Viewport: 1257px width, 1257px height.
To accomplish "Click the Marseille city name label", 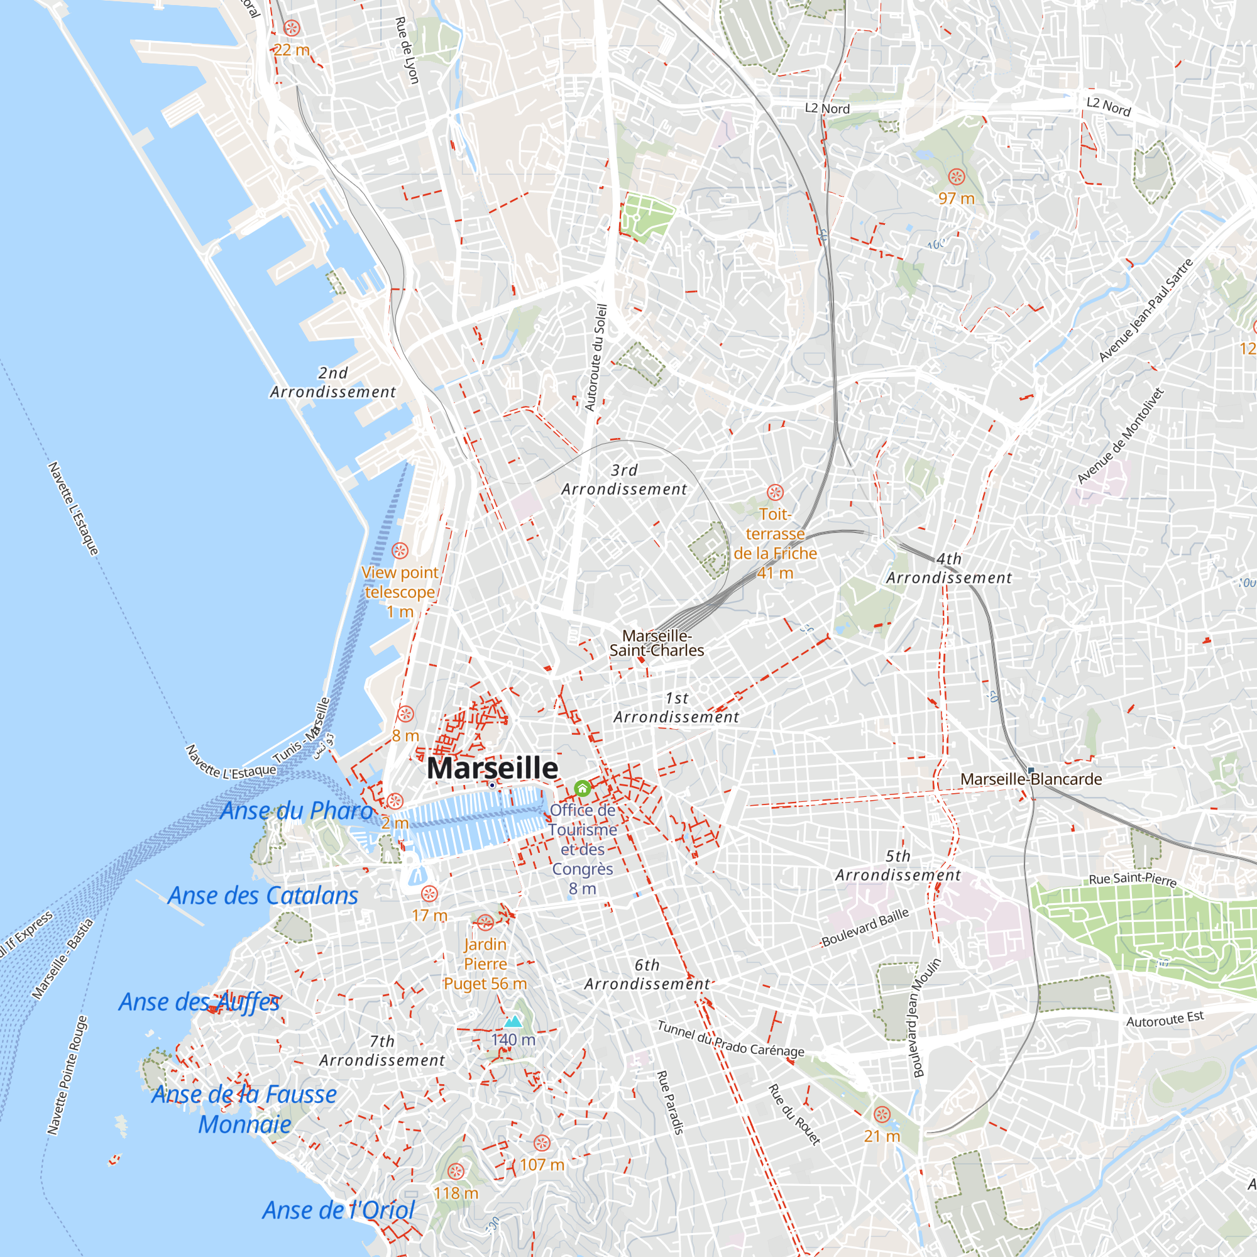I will coord(493,769).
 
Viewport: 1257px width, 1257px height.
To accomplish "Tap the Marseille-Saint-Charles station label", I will coord(657,643).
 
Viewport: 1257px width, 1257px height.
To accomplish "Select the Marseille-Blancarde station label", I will coord(1031,779).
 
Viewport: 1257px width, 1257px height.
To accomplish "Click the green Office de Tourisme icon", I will coord(583,789).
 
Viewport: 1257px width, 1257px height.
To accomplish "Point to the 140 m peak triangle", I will coord(513,1021).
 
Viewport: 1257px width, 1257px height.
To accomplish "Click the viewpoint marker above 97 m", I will coord(957,177).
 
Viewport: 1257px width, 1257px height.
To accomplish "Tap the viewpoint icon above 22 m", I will coord(292,28).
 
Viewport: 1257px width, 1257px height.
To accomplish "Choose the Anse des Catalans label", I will coord(263,896).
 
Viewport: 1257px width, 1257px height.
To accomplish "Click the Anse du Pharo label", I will coord(297,811).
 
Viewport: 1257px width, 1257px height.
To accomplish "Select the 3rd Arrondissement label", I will coord(624,480).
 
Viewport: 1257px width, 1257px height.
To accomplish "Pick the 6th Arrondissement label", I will coord(647,975).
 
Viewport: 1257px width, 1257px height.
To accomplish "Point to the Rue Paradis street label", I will coord(670,1102).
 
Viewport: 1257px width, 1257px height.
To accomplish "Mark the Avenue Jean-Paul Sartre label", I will coord(1146,310).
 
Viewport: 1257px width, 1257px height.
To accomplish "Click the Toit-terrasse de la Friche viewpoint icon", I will coord(775,492).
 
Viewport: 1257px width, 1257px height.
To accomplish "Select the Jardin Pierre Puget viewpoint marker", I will coord(485,923).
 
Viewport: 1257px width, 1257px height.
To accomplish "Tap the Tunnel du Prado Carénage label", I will coord(731,1039).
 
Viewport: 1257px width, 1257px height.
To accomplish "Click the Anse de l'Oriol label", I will coord(338,1210).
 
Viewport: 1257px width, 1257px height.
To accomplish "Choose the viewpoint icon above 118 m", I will coord(456,1172).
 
